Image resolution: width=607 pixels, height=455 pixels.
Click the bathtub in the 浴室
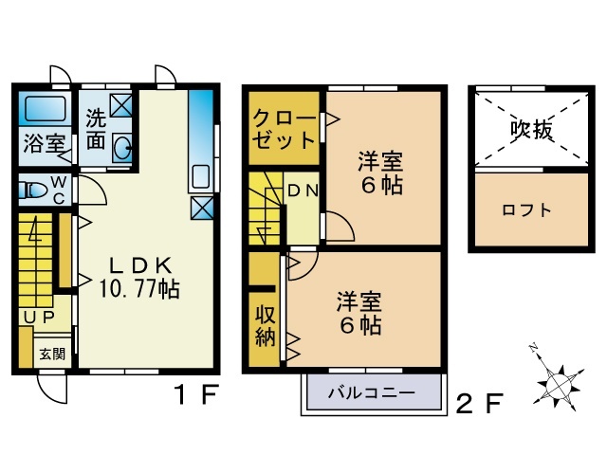[43, 109]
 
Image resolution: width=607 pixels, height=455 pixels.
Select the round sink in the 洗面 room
[122, 147]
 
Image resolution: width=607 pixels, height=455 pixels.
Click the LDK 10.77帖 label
[139, 276]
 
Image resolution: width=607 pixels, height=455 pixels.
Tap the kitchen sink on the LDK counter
[200, 176]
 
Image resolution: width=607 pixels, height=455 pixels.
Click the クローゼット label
[283, 131]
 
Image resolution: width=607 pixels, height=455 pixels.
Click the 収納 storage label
[265, 325]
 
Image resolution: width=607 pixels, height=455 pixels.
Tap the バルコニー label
[372, 391]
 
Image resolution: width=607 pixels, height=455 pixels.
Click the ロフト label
[527, 210]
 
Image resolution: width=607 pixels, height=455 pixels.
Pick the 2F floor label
[478, 404]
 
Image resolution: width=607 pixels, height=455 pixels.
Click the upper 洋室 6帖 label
[380, 172]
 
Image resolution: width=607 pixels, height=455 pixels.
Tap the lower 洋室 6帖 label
[359, 314]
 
